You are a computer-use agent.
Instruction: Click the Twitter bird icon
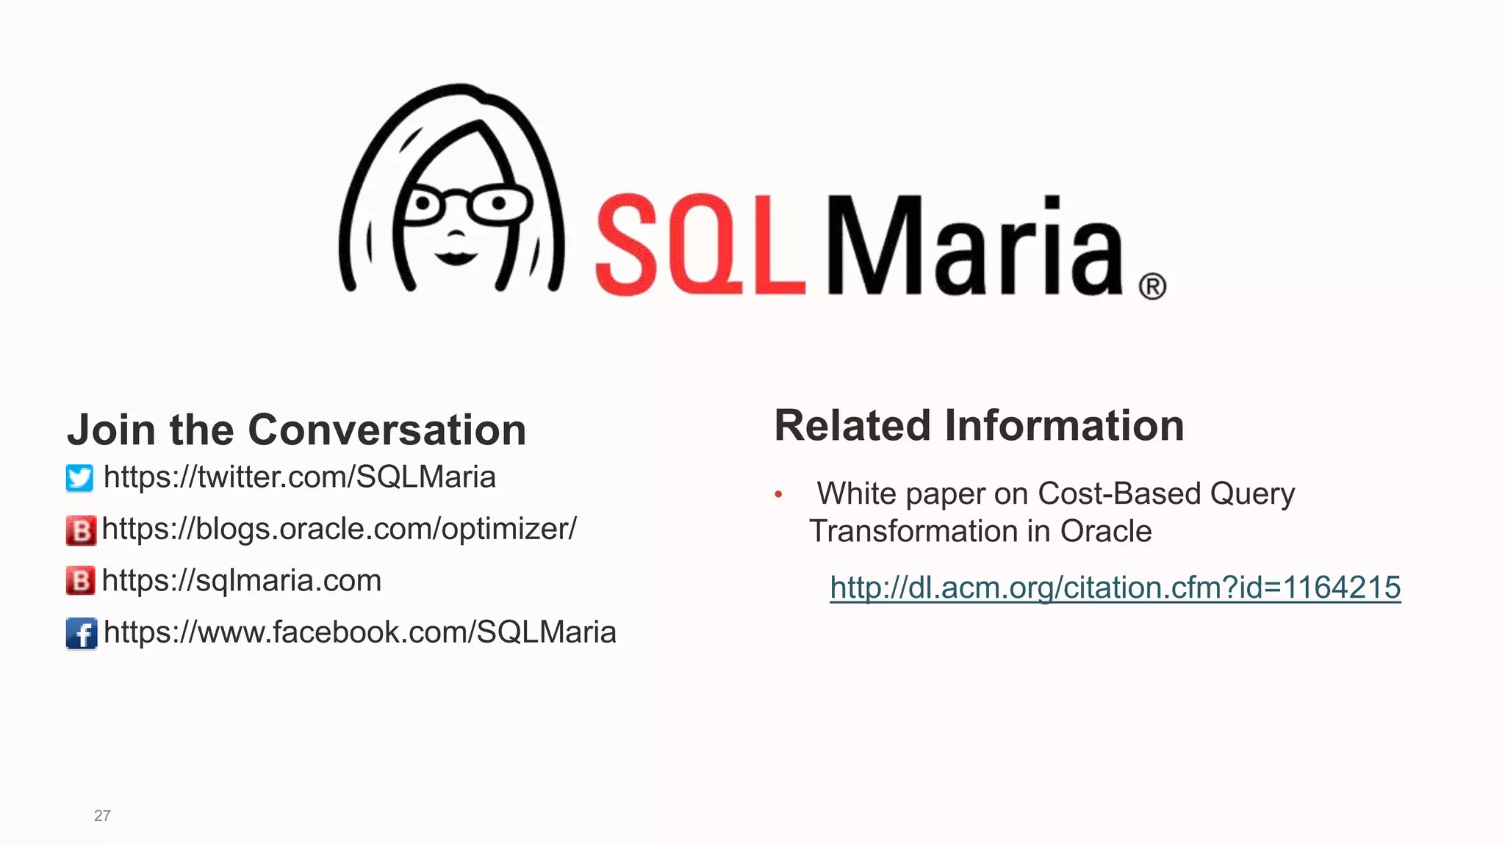click(79, 478)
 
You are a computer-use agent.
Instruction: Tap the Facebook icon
click(81, 633)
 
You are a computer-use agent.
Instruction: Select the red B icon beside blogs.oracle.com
click(81, 530)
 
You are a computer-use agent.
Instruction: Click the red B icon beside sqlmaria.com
click(81, 581)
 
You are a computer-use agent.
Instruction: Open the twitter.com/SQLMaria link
click(299, 477)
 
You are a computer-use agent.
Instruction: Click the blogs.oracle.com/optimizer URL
click(339, 529)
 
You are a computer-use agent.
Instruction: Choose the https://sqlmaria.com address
click(241, 581)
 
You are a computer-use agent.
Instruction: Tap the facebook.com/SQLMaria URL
click(359, 632)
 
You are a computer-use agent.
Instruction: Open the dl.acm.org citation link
click(1115, 587)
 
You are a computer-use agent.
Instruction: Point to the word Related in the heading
click(852, 426)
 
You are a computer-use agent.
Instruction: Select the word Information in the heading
click(1064, 426)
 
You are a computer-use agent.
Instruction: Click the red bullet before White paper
click(778, 495)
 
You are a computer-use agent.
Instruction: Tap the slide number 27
click(102, 815)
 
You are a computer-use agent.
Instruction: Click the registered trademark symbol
click(1152, 286)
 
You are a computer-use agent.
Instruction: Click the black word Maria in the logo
click(976, 246)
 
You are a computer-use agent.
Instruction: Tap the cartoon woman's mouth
click(456, 257)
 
